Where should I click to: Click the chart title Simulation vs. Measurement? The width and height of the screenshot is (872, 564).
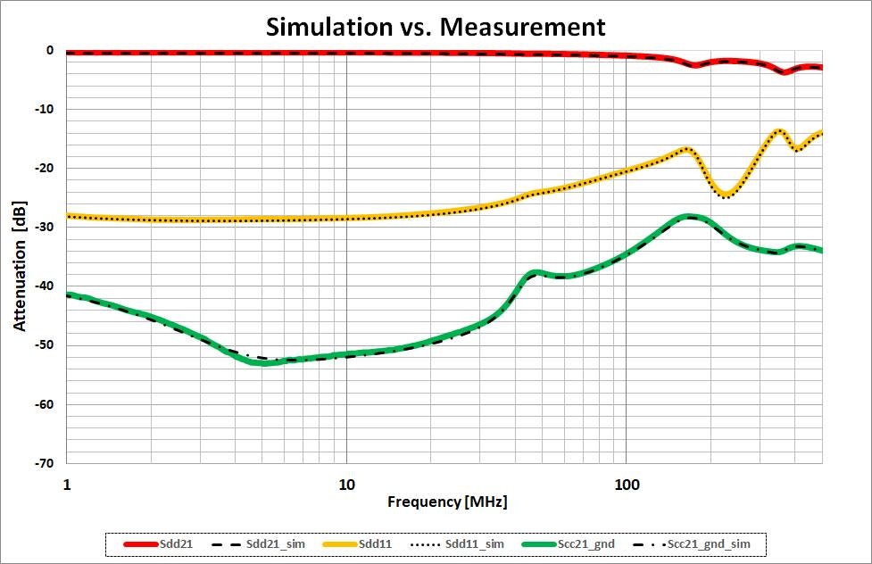(436, 26)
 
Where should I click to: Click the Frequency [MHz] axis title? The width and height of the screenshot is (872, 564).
(447, 502)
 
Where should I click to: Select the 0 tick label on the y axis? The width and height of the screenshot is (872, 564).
(51, 51)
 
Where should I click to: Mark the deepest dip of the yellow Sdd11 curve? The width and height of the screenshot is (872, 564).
(727, 195)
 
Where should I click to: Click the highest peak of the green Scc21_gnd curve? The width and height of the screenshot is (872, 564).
(688, 217)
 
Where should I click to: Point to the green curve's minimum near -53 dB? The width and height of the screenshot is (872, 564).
(264, 362)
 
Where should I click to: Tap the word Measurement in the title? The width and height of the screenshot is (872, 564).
(524, 26)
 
